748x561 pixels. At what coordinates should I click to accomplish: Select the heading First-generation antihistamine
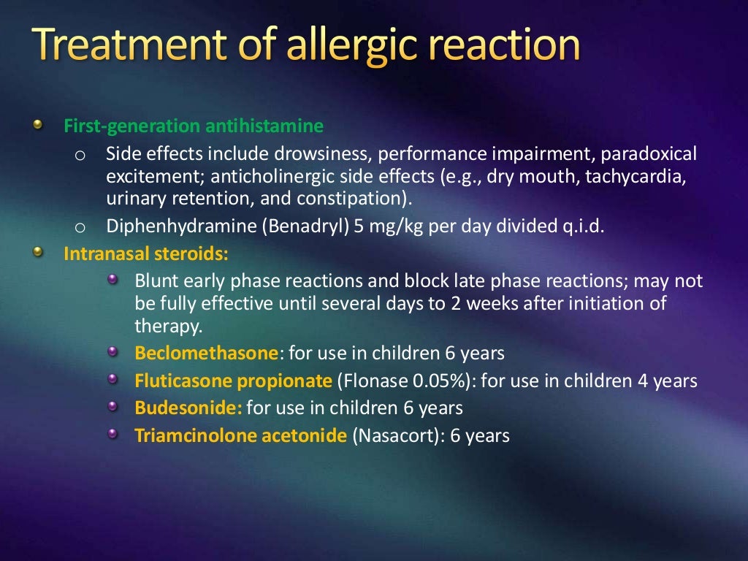pos(194,126)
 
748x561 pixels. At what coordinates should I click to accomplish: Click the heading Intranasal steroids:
pos(146,254)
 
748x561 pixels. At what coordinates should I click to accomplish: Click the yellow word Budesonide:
pos(188,408)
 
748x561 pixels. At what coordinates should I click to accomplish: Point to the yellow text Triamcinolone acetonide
pos(240,436)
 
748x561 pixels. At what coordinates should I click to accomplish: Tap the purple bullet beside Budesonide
pos(112,406)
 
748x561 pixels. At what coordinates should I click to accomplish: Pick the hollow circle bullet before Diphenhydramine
pos(80,226)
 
